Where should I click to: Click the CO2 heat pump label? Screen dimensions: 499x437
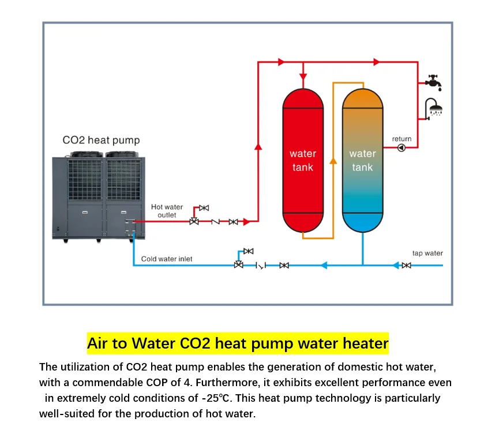coord(101,140)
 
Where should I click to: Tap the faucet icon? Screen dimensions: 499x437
coord(433,82)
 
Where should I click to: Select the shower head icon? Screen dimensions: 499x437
coord(434,108)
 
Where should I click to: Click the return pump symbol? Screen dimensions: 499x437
coord(402,148)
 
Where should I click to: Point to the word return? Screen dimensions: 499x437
coord(402,139)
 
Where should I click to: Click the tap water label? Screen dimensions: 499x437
coord(427,253)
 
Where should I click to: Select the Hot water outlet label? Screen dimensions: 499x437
coord(167,211)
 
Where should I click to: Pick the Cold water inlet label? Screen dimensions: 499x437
coord(167,259)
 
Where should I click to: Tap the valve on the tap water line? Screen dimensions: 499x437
coord(407,265)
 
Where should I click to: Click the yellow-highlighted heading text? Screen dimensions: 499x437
coord(238,343)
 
